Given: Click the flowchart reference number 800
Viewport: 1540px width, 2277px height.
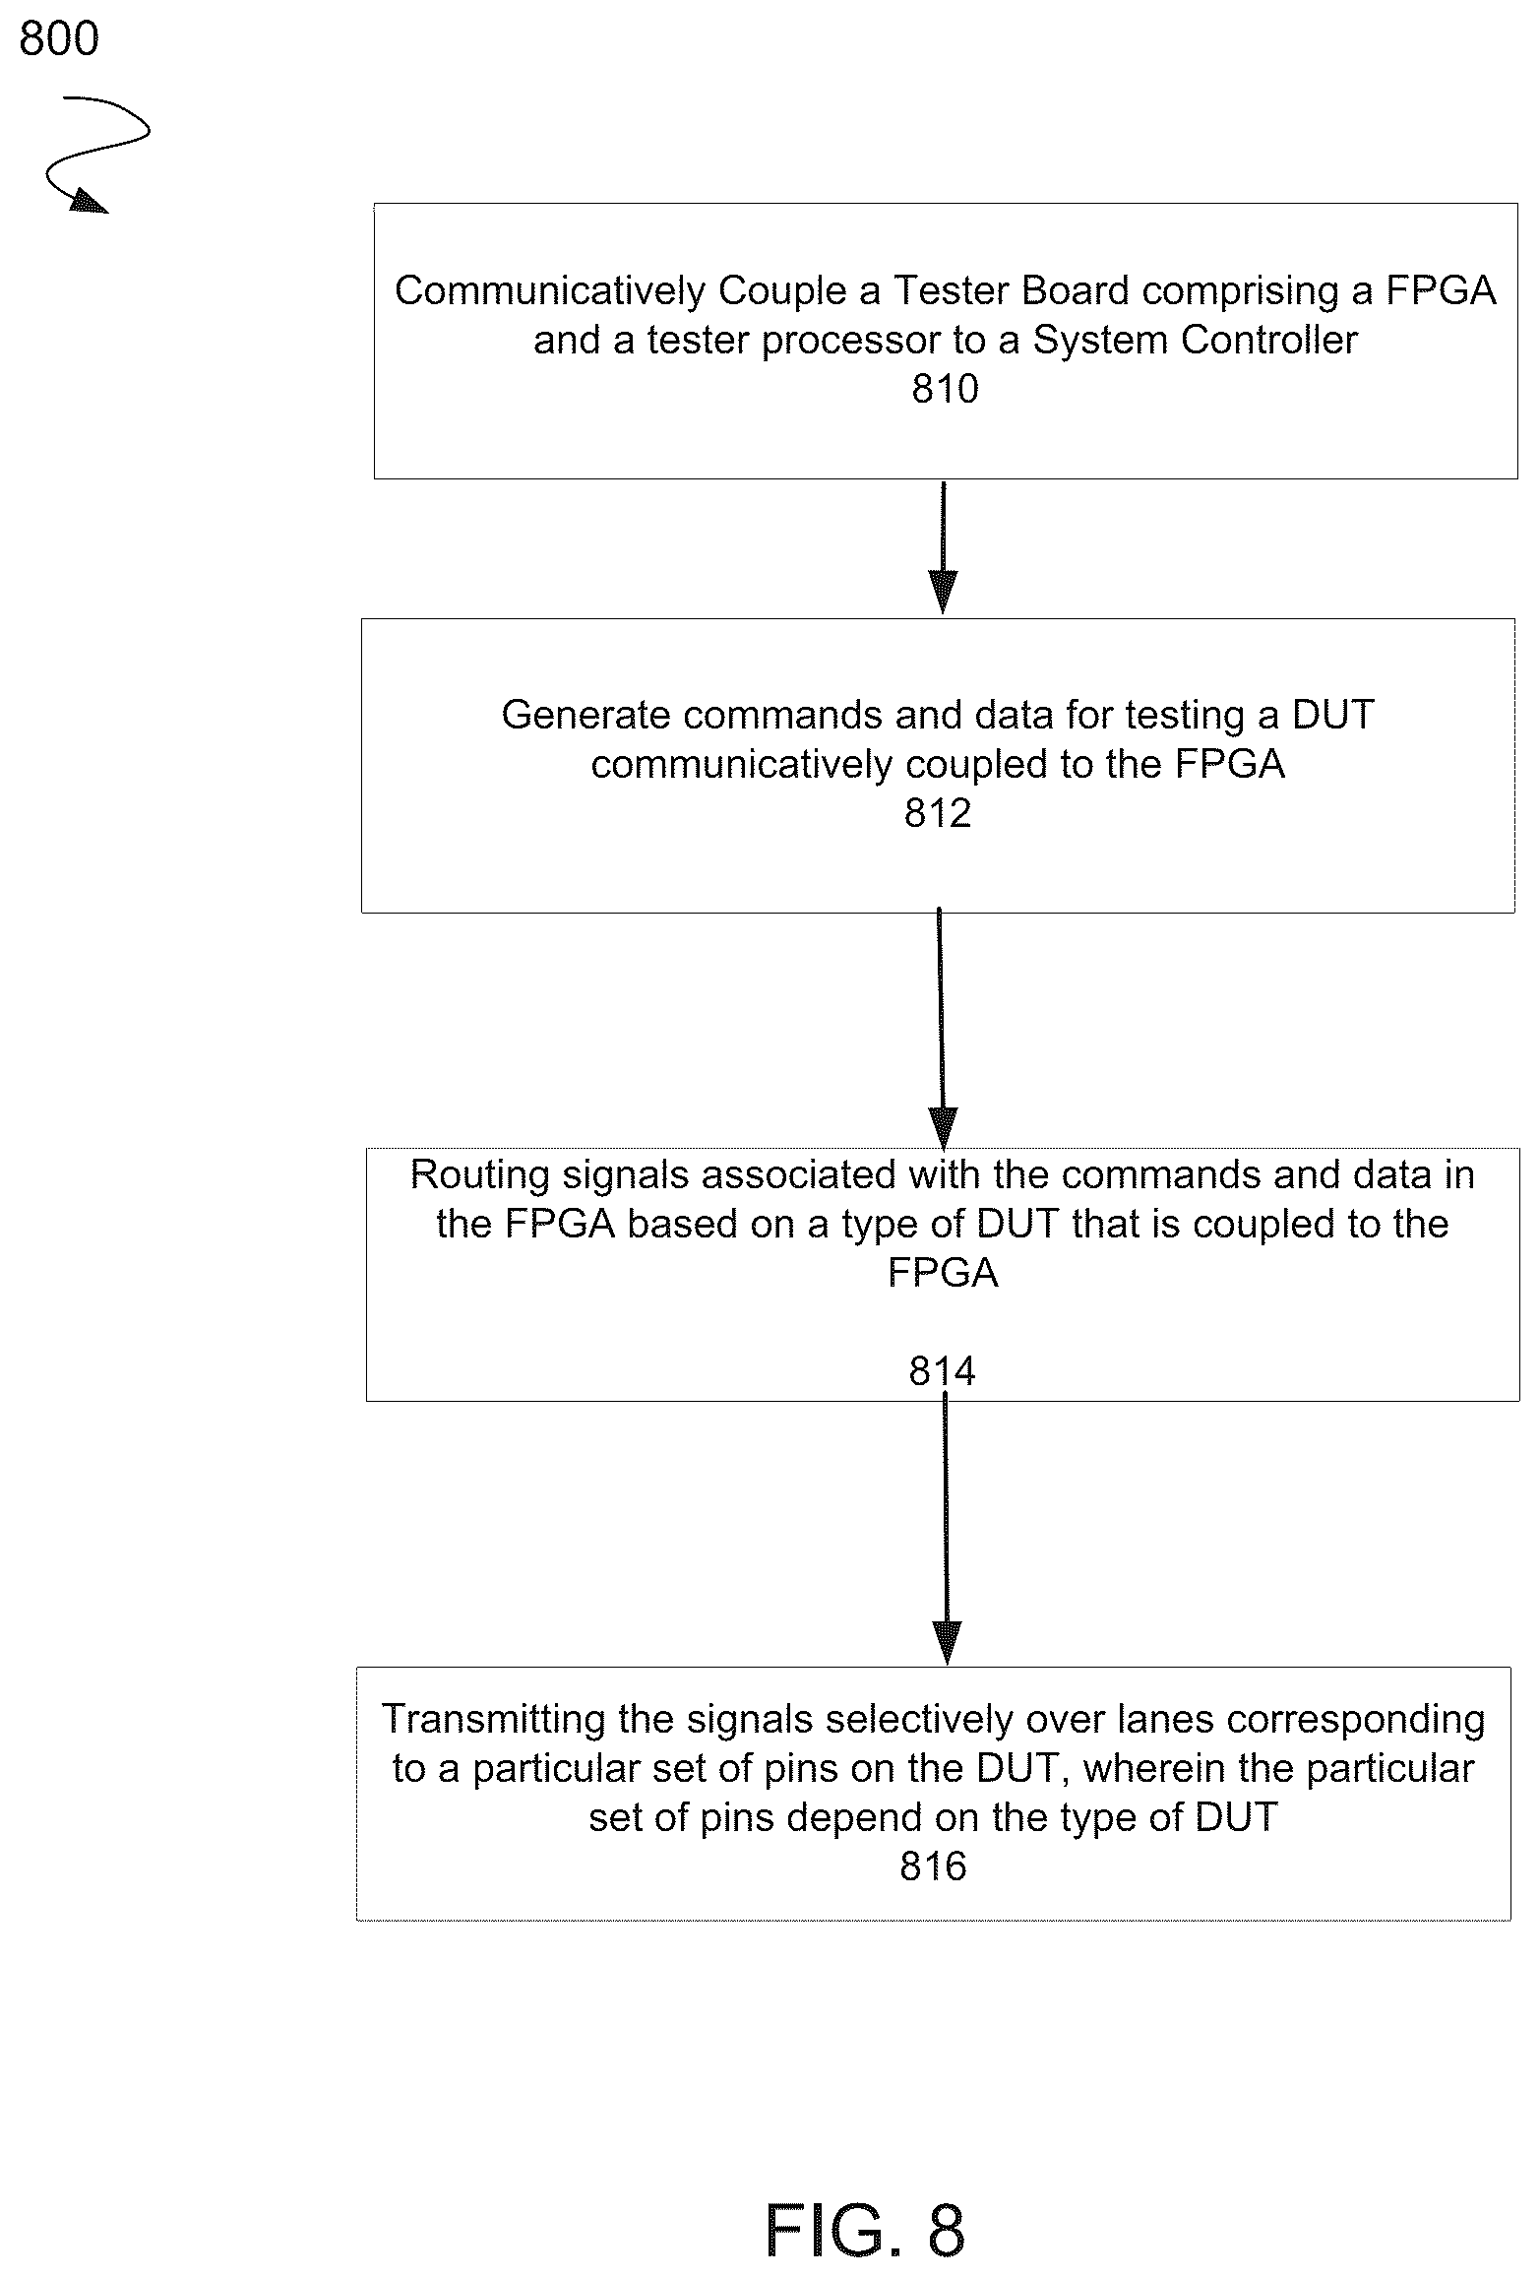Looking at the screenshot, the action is [59, 39].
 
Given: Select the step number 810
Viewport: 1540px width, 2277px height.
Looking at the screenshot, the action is [945, 390].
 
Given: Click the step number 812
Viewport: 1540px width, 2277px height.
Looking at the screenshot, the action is [938, 813].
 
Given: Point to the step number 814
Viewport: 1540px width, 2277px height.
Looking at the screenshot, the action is [942, 1371].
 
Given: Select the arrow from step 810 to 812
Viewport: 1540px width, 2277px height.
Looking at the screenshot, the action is [943, 547].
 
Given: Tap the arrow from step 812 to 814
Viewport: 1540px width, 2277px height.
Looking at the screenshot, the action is [942, 1028].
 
